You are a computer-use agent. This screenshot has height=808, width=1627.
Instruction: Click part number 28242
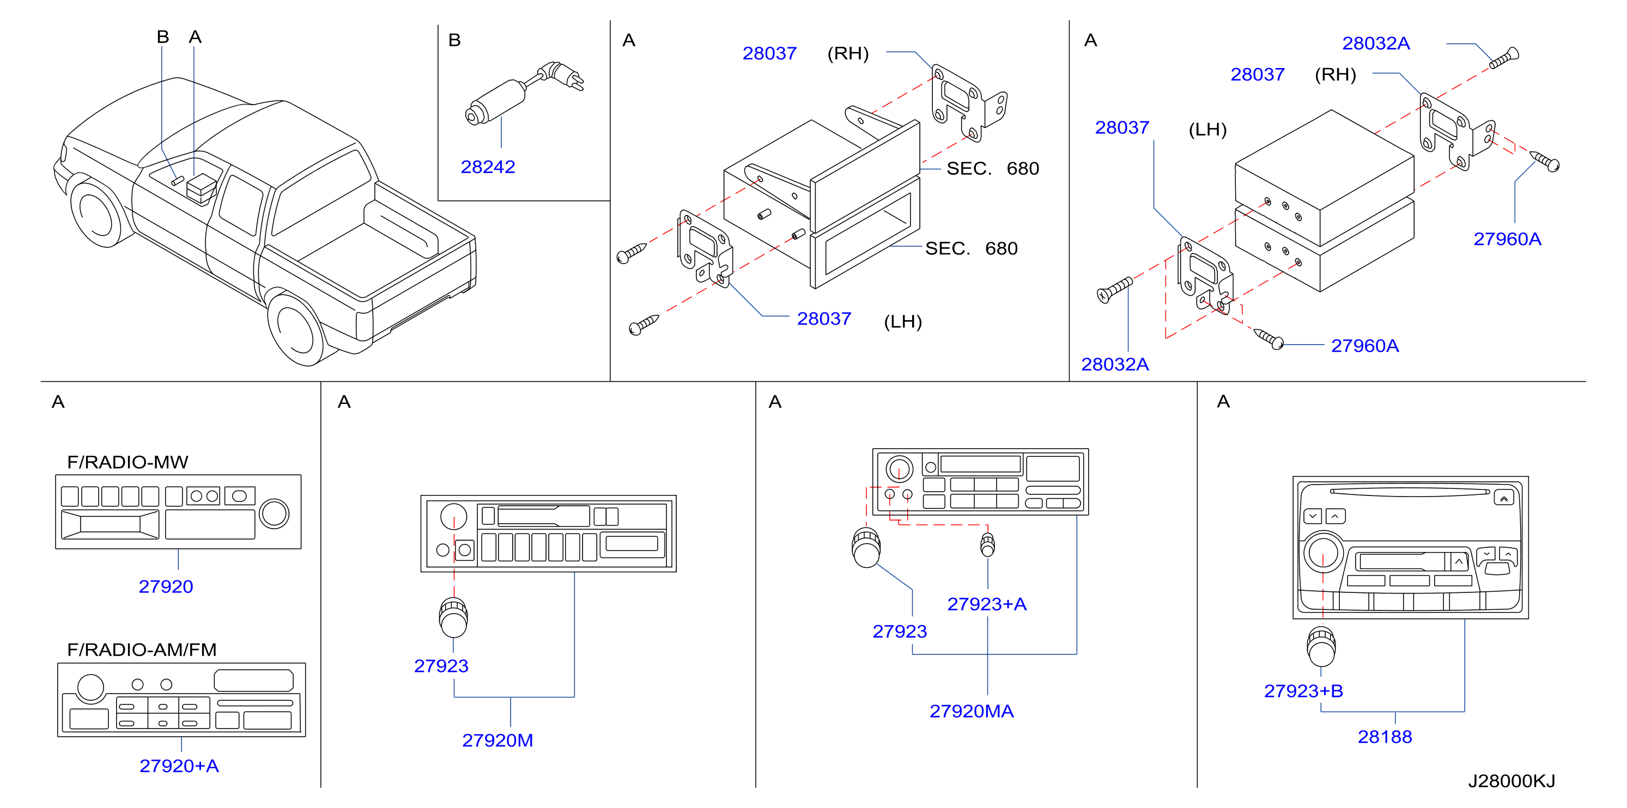click(488, 167)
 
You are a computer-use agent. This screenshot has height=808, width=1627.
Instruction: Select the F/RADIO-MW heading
click(128, 462)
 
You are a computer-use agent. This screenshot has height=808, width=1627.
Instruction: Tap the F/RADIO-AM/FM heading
click(142, 650)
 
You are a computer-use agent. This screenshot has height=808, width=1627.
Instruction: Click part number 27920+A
click(179, 766)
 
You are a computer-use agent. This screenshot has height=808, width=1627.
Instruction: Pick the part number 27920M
click(497, 740)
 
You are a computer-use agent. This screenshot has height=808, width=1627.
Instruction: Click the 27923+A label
click(987, 604)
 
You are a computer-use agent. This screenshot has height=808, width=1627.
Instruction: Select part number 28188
click(1385, 737)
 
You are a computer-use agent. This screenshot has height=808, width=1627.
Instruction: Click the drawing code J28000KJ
click(1511, 781)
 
